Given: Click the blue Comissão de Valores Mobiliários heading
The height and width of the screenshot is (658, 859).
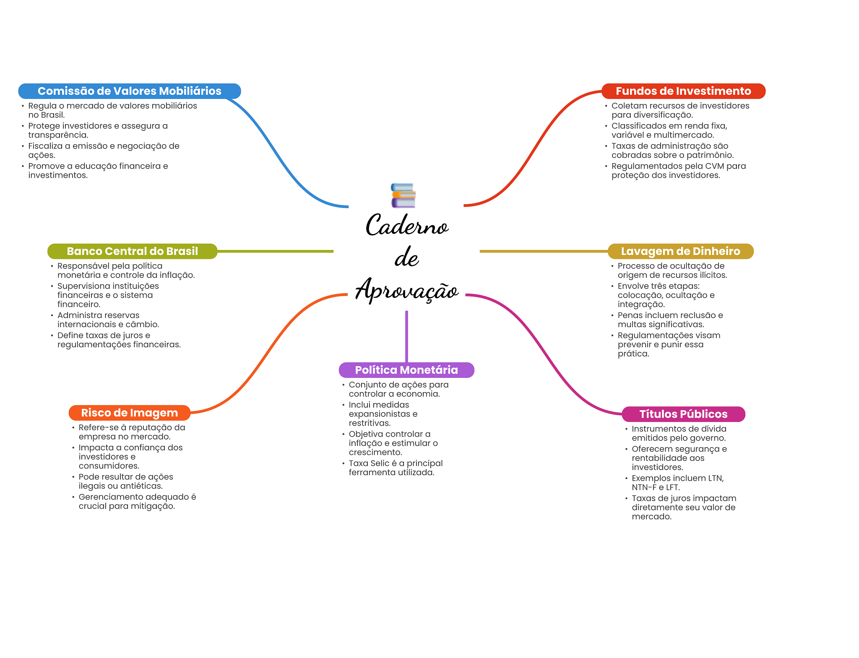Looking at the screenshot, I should click(x=129, y=91).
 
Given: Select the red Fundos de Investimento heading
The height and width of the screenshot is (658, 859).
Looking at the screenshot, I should click(x=683, y=91).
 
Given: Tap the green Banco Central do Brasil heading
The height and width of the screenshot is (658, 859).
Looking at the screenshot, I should click(x=132, y=251).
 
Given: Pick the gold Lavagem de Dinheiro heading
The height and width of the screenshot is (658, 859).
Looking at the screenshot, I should click(x=680, y=251).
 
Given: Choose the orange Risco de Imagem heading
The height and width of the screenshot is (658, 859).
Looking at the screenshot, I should click(x=129, y=413).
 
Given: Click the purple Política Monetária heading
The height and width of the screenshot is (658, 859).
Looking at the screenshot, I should click(x=406, y=370).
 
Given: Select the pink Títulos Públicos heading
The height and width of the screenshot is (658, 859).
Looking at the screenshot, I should click(x=683, y=414).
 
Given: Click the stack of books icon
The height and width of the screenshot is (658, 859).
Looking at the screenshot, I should click(x=403, y=195).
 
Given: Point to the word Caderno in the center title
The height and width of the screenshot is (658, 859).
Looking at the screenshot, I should click(x=407, y=226).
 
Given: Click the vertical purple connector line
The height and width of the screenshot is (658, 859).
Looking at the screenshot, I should click(x=406, y=336).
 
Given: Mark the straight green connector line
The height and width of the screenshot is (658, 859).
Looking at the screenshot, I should click(x=275, y=251).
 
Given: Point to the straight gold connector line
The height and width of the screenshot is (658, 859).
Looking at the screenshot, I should click(x=543, y=251).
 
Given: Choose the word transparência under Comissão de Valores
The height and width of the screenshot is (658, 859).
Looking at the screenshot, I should click(x=58, y=135).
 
